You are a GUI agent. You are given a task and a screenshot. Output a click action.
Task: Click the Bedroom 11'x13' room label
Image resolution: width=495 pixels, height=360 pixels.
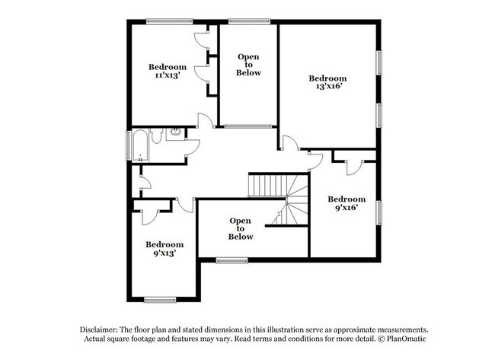coord(167,71)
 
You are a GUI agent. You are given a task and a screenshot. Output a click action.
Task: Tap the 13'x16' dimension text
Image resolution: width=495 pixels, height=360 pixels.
coord(327,88)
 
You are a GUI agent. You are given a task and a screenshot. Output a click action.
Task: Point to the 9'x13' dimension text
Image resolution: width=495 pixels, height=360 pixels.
coord(165,253)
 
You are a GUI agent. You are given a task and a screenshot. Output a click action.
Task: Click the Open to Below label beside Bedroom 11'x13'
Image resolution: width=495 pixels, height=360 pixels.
coord(248,65)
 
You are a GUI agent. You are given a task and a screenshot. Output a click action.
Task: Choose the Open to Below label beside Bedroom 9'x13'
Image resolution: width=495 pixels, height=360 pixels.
coord(241,228)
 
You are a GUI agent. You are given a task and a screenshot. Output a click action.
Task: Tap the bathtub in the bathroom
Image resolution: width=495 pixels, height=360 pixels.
coord(140,145)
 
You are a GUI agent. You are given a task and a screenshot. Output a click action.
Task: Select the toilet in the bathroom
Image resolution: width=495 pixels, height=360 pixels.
coord(155,137)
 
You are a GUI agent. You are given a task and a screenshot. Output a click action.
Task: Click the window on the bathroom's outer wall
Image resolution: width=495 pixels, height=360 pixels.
coord(127,144)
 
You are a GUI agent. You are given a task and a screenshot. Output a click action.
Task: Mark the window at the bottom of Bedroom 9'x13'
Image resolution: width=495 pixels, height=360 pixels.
coord(160,299)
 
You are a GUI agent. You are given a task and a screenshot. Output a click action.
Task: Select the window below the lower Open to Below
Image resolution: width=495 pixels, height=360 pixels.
coord(232,261)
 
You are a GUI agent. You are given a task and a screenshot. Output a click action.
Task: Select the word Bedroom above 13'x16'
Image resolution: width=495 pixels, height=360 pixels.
coord(327,78)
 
